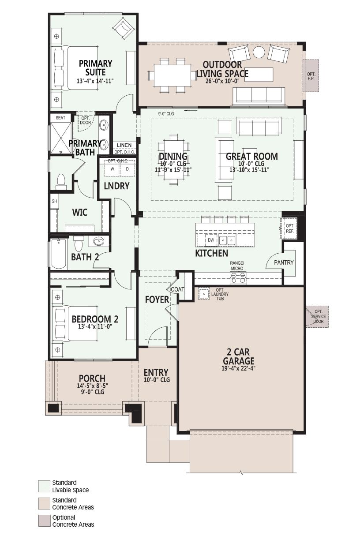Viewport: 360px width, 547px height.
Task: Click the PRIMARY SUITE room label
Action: [95, 68]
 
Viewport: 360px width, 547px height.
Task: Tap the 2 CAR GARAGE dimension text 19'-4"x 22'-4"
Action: [238, 368]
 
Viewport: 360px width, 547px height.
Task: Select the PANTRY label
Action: [284, 262]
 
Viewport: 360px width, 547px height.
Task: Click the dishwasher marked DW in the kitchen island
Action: [211, 240]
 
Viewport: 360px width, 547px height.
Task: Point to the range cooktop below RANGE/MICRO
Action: [238, 278]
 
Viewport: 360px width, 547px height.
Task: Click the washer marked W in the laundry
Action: [112, 169]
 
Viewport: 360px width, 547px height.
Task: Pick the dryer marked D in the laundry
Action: [127, 169]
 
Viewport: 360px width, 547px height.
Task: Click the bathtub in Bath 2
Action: [59, 254]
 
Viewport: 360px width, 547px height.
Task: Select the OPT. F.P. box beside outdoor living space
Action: [311, 76]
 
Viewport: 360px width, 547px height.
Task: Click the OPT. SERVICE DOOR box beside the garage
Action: [318, 316]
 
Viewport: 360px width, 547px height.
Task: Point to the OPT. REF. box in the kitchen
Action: [289, 228]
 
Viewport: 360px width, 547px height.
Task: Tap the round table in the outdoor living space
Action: [259, 52]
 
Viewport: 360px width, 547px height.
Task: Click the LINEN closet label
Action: [124, 145]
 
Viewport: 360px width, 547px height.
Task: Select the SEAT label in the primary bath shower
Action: [60, 118]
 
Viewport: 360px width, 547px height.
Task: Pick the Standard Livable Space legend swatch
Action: [44, 486]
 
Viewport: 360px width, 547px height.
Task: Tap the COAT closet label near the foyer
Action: [177, 289]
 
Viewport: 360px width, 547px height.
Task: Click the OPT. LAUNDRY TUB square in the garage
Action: [204, 293]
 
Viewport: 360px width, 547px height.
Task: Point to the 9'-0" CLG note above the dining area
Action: [166, 113]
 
